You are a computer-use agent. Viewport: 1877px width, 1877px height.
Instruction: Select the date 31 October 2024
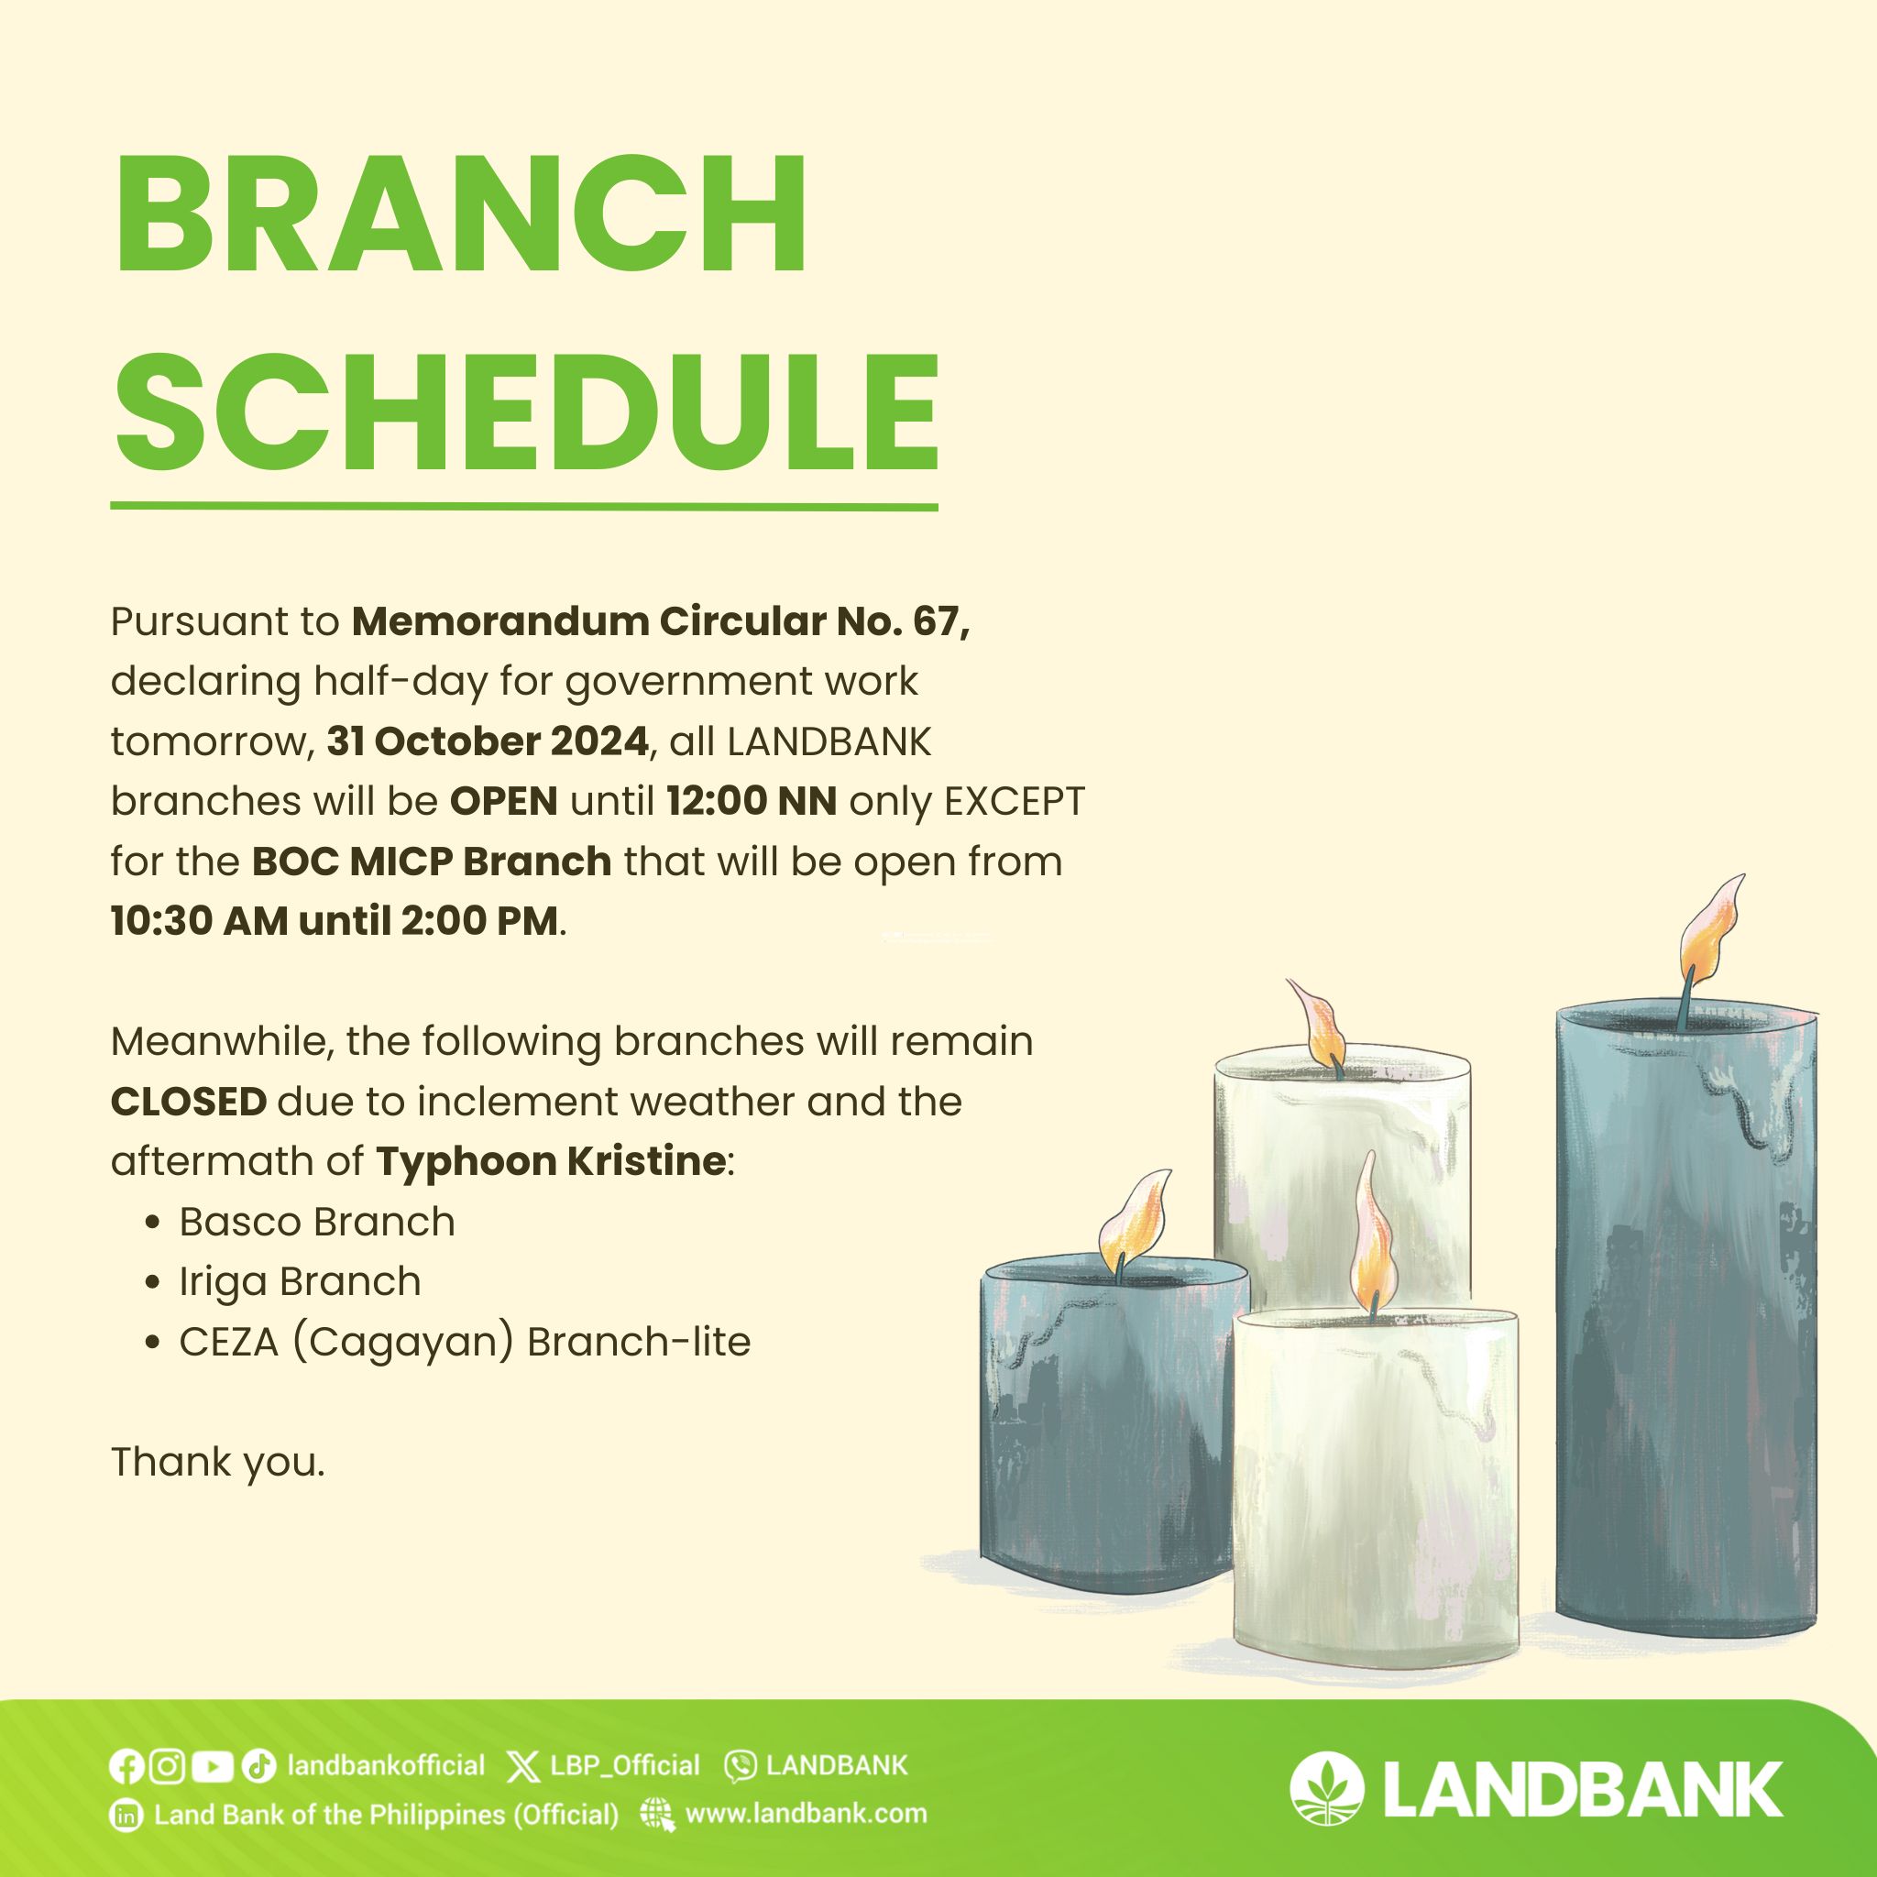(x=488, y=741)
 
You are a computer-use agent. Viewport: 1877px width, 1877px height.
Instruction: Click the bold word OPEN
(x=503, y=802)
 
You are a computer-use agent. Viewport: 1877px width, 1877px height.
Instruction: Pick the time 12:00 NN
(x=751, y=802)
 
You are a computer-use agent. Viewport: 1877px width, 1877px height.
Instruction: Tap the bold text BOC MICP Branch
(x=432, y=862)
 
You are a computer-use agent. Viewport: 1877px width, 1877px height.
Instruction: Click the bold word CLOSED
(x=189, y=1102)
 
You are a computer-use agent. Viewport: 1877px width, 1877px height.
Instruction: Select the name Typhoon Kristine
(x=551, y=1162)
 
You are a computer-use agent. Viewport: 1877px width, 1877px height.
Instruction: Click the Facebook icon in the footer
(x=126, y=1766)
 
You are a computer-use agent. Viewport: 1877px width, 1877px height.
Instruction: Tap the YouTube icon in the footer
(x=213, y=1766)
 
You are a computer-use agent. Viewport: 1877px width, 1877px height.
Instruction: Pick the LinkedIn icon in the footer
(x=126, y=1816)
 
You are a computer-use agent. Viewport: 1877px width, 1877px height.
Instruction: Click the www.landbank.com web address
(x=806, y=1814)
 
